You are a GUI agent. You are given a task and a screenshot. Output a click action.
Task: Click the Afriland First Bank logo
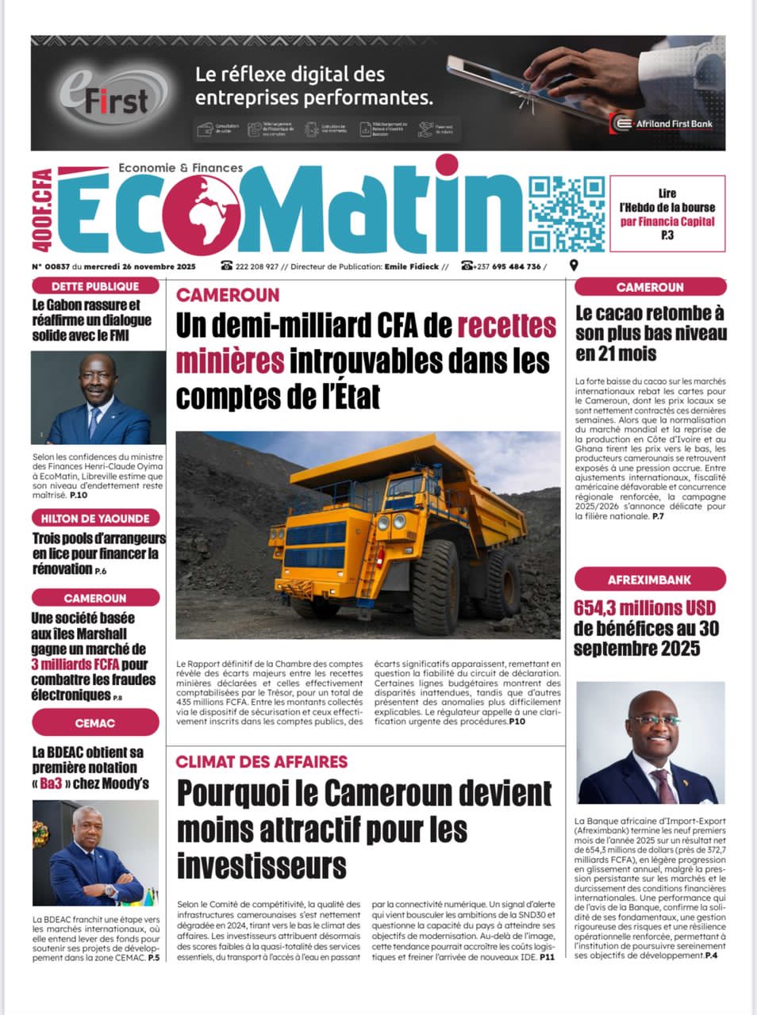point(663,124)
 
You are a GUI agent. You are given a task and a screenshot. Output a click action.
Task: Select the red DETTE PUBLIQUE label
point(95,286)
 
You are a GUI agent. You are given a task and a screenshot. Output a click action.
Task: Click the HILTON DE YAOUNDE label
point(95,519)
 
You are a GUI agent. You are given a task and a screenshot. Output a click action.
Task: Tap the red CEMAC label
point(95,723)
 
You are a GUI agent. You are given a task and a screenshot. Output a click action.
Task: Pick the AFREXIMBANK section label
point(649,580)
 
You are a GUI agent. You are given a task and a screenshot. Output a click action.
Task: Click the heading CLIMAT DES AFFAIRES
point(262,762)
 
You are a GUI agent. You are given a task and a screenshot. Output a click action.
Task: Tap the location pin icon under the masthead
point(574,266)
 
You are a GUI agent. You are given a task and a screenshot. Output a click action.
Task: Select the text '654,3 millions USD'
point(644,609)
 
